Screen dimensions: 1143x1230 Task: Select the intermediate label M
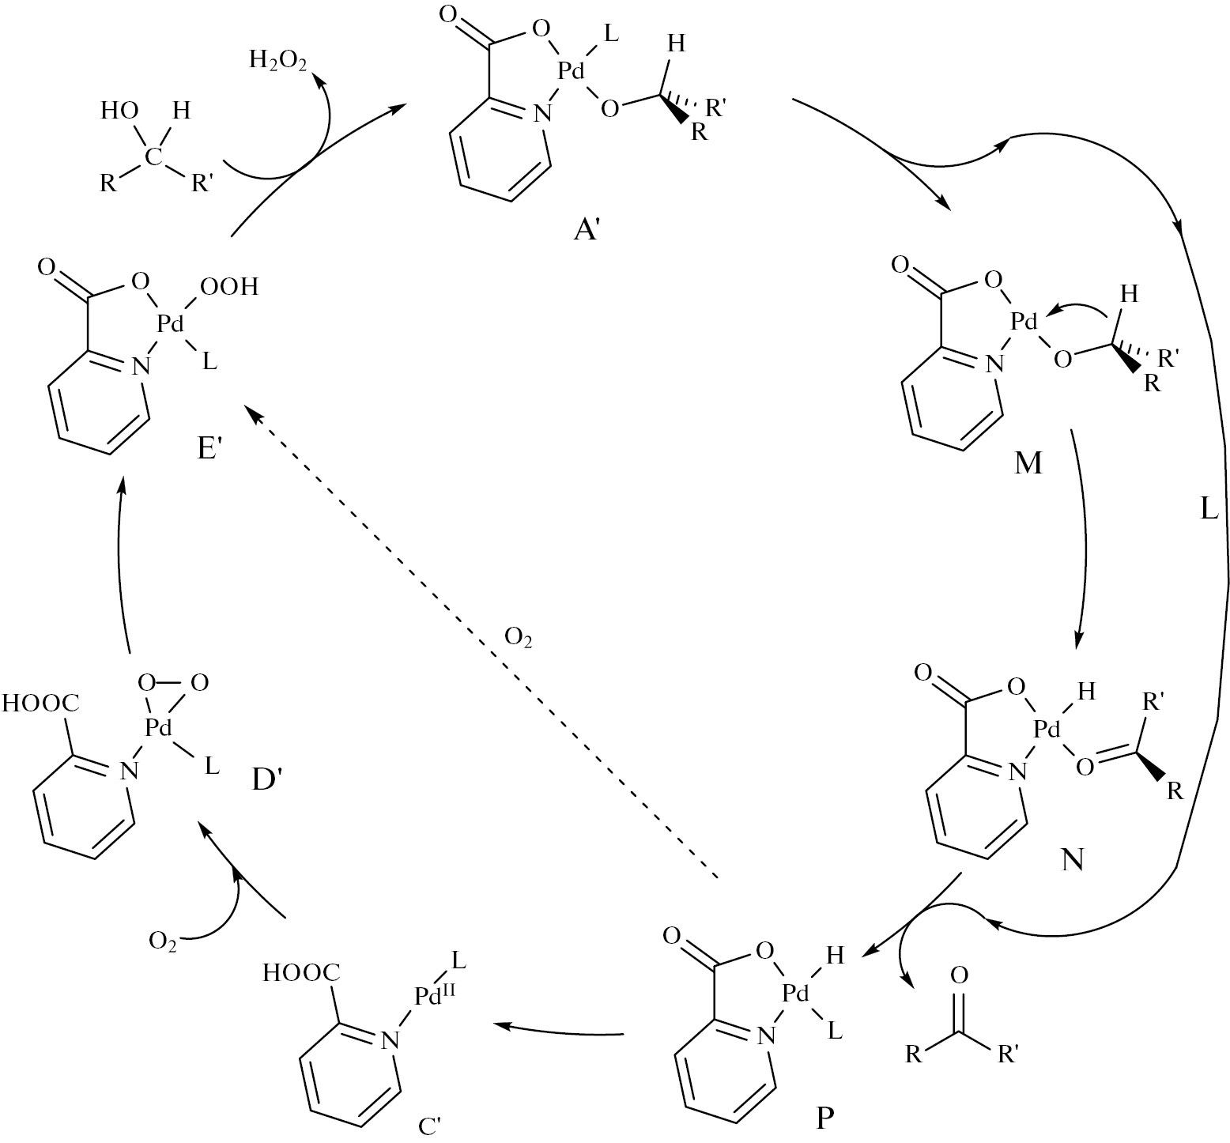[1028, 462]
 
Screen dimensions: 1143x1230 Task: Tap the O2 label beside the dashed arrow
[518, 637]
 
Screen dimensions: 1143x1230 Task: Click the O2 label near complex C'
[163, 941]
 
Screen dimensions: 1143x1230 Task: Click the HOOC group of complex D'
[41, 703]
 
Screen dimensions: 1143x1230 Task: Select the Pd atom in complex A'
[571, 71]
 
